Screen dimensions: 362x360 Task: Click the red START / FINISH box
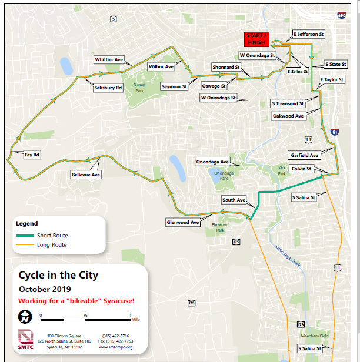[256, 39]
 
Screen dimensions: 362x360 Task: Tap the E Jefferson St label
[309, 35]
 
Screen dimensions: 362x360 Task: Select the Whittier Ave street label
[109, 59]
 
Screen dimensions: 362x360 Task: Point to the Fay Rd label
[32, 155]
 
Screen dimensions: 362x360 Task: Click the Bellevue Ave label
[86, 175]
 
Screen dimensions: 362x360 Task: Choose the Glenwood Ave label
[183, 223]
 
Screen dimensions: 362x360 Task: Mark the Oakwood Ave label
[288, 116]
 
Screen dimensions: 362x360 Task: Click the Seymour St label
[174, 86]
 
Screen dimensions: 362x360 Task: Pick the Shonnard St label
[226, 68]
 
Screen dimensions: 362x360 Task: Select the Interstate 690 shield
[342, 15]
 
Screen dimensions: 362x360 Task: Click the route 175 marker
[236, 242]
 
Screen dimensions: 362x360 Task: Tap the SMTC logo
[26, 340]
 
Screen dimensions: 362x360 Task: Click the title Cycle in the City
[58, 275]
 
